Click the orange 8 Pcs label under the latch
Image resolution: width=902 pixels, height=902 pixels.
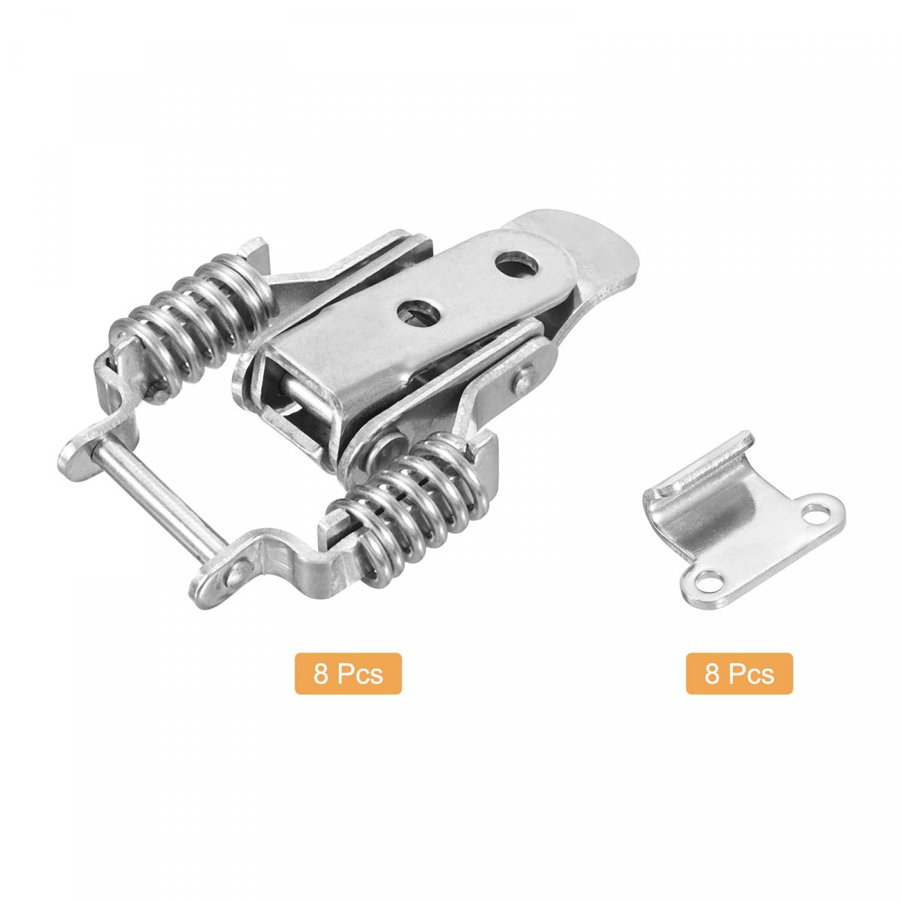tap(348, 673)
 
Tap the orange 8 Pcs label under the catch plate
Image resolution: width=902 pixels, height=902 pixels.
tap(739, 673)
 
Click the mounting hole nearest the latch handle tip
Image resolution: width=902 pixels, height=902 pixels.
tap(516, 265)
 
